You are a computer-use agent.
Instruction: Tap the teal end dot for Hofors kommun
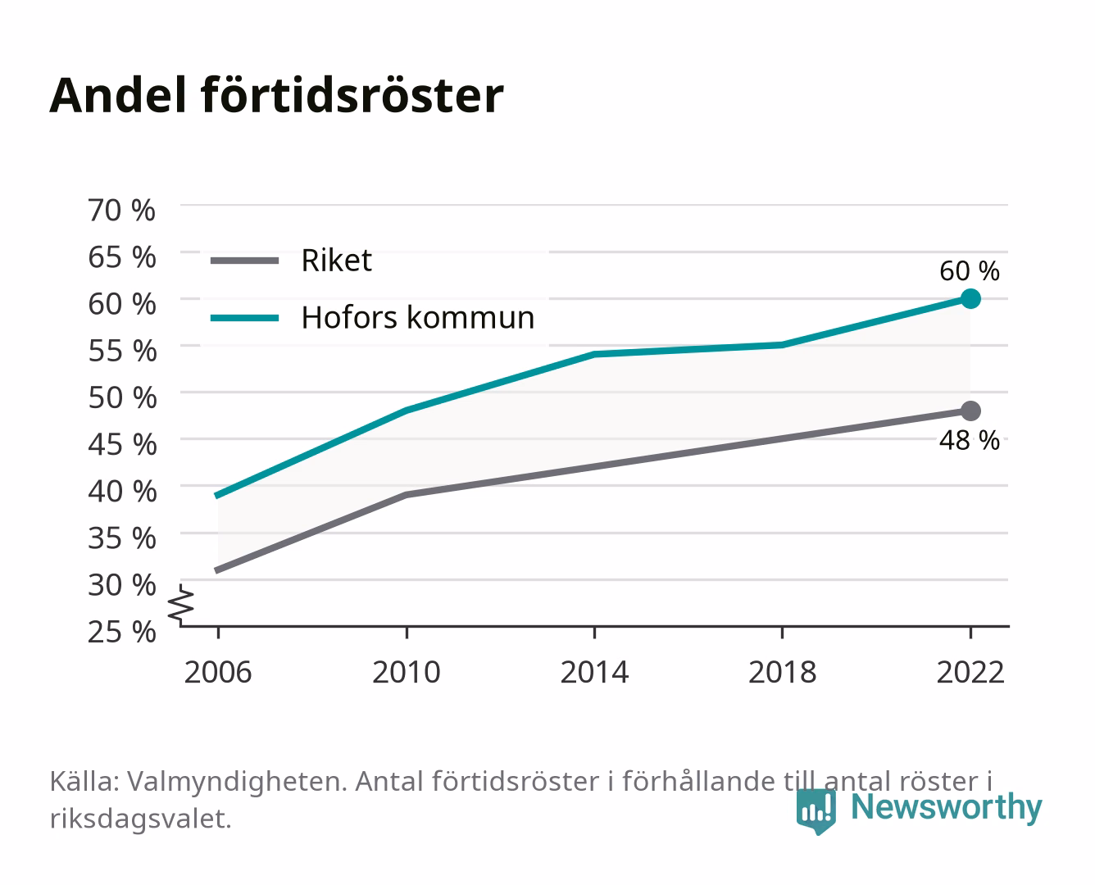970,298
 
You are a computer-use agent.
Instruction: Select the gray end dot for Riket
970,411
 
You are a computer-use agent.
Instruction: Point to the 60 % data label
970,271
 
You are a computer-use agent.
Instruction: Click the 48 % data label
970,440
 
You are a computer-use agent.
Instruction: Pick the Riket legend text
337,260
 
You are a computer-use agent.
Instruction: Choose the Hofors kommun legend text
418,317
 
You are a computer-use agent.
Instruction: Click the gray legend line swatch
245,261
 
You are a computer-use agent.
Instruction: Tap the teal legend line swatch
245,318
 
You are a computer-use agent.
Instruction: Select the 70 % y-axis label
122,211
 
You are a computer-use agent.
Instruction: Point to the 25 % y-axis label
122,632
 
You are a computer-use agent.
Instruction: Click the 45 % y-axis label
122,445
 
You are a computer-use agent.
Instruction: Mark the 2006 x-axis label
218,672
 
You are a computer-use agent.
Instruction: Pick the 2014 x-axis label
594,672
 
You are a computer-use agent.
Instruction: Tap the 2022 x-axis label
970,672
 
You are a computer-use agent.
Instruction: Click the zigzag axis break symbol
181,605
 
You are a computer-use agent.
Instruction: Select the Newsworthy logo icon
816,811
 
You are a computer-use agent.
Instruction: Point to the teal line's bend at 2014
594,354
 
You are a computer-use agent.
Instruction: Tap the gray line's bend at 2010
407,495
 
